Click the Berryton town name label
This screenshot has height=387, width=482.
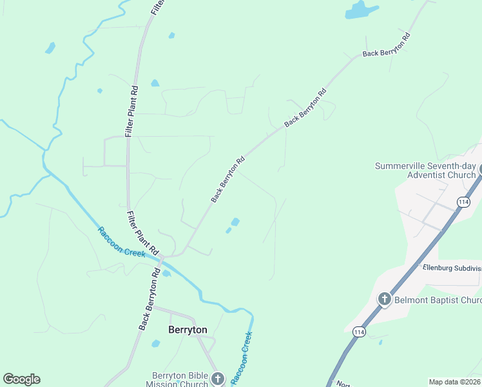point(188,330)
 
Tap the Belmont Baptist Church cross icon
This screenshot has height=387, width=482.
point(385,299)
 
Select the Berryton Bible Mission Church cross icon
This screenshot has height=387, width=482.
point(218,379)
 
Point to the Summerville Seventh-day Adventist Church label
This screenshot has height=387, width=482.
point(426,170)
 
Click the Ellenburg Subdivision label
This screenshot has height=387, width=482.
point(452,268)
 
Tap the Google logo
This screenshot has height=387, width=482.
point(22,379)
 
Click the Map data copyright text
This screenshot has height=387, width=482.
point(454,382)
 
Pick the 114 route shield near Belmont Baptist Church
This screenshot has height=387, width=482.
point(359,332)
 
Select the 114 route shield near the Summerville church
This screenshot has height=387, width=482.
point(463,202)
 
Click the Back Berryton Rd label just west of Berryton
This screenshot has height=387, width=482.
point(149,300)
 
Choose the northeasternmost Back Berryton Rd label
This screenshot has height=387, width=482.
point(387,45)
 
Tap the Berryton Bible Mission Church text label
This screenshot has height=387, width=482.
point(180,380)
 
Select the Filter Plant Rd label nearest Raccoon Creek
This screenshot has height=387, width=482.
point(142,232)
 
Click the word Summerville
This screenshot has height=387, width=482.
point(401,166)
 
